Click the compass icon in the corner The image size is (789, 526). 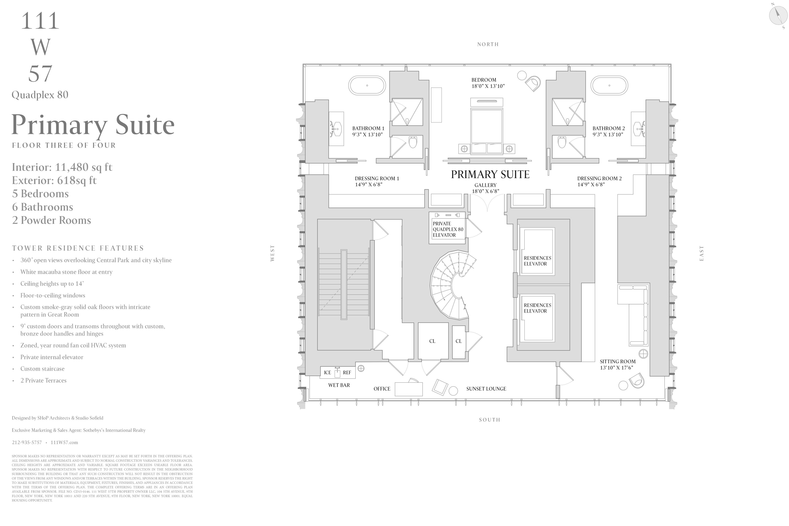point(778,15)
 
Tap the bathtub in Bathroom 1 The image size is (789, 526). point(367,85)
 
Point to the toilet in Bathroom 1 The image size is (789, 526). point(413,142)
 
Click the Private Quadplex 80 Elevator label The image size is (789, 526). point(448,229)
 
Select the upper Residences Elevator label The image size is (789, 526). point(537,261)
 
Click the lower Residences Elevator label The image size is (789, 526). point(537,308)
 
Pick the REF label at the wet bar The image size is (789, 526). point(347,372)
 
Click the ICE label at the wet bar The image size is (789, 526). point(327,372)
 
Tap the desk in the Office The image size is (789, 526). point(409,389)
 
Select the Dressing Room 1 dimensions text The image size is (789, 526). point(369,185)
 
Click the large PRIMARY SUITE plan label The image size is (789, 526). point(490,174)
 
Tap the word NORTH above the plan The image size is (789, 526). point(488,44)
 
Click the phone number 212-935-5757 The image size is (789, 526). point(27,442)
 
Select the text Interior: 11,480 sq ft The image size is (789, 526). point(62,167)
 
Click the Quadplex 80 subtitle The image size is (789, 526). point(40,95)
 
